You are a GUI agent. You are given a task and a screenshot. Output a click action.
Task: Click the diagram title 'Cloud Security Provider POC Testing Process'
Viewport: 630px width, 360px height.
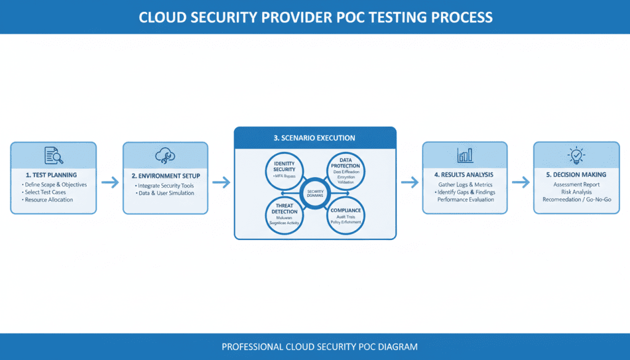[315, 17]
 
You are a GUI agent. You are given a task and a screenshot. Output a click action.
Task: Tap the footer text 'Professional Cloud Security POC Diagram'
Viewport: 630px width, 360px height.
[319, 347]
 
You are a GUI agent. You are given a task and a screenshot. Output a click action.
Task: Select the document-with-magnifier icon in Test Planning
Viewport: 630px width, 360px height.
[54, 156]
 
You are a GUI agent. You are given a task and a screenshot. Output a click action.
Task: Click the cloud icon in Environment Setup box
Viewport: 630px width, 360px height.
[165, 155]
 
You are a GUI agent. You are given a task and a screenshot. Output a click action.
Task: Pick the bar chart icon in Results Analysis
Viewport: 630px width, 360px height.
[465, 154]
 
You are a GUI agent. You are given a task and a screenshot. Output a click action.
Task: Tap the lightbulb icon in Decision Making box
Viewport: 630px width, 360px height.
[576, 155]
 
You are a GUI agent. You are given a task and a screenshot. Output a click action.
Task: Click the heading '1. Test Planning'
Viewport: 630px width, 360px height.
[52, 175]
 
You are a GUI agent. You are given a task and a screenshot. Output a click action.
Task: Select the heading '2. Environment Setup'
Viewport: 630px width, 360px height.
[165, 176]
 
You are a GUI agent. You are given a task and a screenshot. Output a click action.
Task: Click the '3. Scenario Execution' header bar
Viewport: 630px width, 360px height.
[314, 138]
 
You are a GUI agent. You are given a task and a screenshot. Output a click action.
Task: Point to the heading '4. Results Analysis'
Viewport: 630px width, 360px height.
[465, 175]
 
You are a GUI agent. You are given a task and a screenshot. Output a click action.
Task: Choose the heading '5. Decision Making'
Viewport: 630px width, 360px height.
[576, 175]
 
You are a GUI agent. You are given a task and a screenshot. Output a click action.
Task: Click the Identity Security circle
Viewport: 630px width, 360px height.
[284, 169]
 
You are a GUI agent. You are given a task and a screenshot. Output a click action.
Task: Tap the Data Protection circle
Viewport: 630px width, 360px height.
[345, 169]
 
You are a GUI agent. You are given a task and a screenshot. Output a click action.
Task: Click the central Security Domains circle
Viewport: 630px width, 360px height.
[315, 192]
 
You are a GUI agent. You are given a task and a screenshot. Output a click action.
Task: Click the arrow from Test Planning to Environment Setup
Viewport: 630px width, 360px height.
[110, 182]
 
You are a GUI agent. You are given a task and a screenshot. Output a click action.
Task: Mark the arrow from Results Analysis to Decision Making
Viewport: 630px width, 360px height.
[520, 182]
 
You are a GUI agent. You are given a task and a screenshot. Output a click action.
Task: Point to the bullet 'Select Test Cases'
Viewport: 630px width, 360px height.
[46, 192]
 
